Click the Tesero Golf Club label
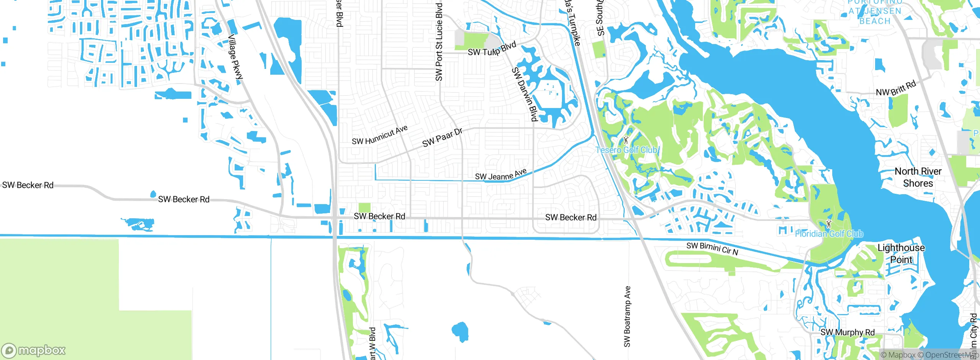(x=626, y=150)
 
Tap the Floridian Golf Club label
(x=829, y=234)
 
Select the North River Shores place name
(x=918, y=177)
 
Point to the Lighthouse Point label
(x=901, y=254)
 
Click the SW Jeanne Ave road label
(x=501, y=175)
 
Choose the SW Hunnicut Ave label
(x=379, y=135)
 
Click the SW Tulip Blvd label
(x=492, y=49)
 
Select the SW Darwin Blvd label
(x=525, y=94)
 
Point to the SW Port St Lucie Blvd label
(x=439, y=42)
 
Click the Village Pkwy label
(x=235, y=57)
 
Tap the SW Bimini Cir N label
(x=712, y=249)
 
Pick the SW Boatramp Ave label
(x=627, y=317)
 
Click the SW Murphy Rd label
(x=848, y=332)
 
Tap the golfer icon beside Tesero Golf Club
(x=626, y=140)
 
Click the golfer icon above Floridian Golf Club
(x=829, y=224)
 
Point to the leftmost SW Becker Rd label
(x=28, y=185)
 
